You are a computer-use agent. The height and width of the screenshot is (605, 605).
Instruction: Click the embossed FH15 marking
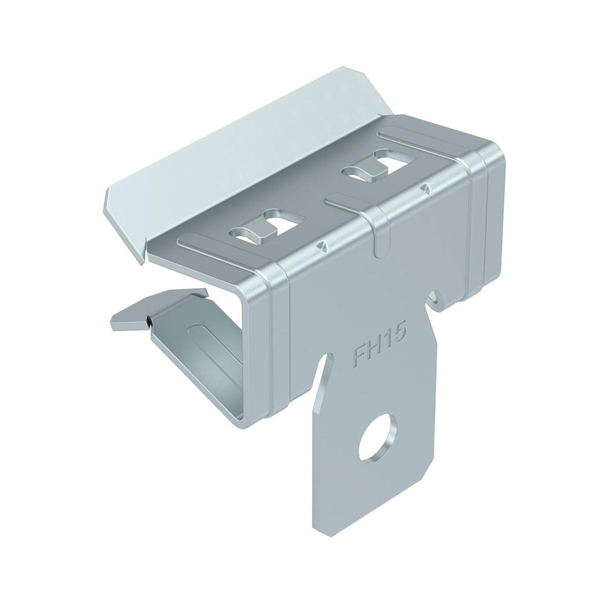[379, 346]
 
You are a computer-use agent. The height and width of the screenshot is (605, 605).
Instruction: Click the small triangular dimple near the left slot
[319, 244]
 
